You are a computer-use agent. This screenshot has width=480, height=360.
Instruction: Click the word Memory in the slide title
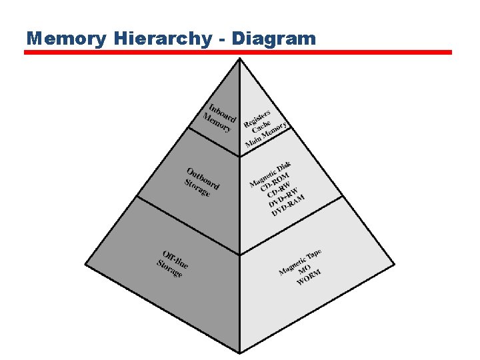[66, 39]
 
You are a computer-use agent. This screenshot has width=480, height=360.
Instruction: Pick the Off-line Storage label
[173, 263]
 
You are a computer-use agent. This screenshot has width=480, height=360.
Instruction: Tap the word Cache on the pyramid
[261, 127]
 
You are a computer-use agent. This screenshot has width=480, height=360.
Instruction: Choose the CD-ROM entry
[275, 182]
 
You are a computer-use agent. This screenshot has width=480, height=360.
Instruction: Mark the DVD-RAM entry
[288, 205]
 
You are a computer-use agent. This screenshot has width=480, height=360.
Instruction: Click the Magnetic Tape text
[300, 261]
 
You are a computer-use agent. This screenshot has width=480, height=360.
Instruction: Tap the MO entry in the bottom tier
[305, 271]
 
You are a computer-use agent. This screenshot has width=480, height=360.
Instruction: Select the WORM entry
[309, 279]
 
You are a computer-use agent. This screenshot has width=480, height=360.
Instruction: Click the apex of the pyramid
[240, 59]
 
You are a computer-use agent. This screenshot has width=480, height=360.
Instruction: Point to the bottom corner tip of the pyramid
[240, 352]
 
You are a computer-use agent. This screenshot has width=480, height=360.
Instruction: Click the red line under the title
[238, 52]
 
